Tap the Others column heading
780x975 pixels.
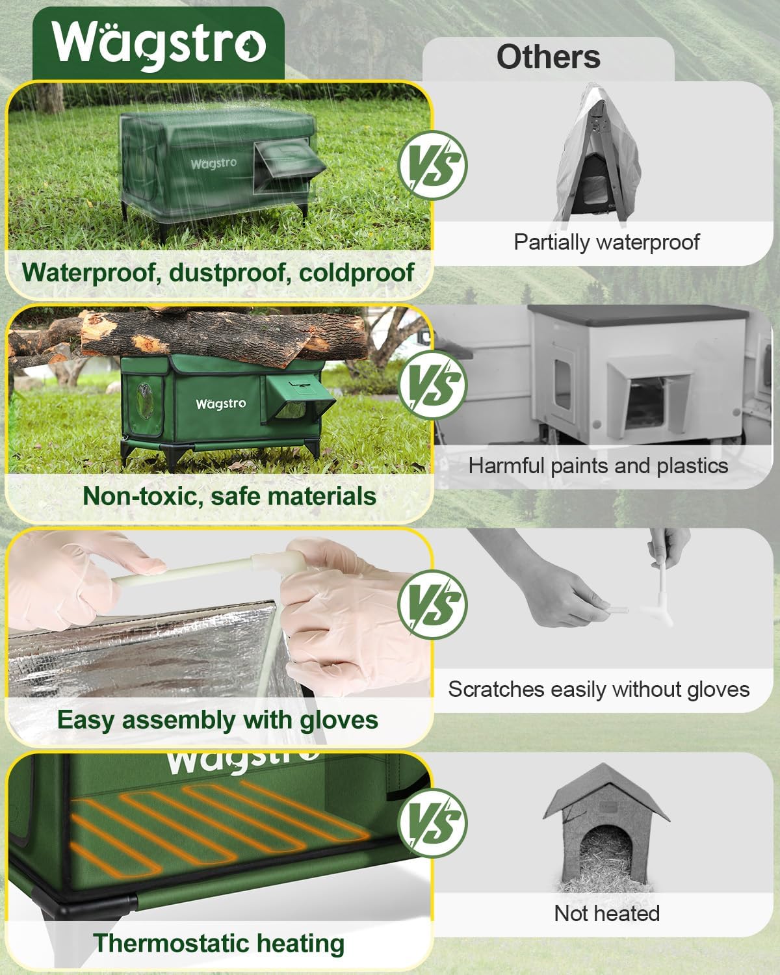click(548, 57)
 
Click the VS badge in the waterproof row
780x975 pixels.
click(432, 163)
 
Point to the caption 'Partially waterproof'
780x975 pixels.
click(606, 242)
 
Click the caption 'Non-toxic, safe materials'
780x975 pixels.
click(229, 496)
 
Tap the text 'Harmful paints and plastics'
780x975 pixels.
click(597, 466)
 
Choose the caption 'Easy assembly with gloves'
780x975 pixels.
click(217, 720)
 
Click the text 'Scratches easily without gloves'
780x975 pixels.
click(599, 690)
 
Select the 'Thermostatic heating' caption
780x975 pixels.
click(218, 943)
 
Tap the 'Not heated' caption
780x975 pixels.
click(606, 913)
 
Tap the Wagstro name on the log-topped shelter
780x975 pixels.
click(221, 404)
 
